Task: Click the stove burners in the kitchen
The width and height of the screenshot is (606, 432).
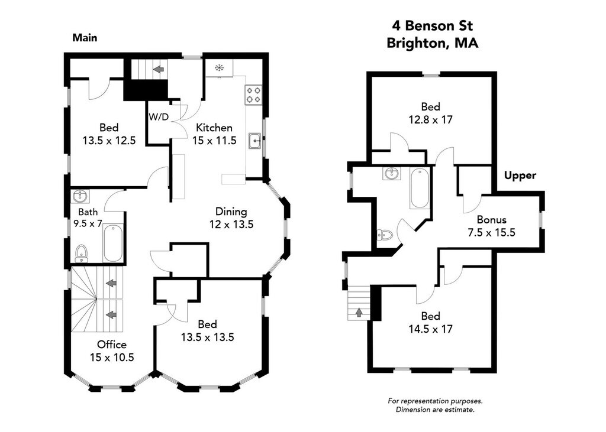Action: click(x=253, y=95)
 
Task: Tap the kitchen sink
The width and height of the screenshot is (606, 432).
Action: click(x=255, y=141)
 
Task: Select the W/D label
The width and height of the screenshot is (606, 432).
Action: click(x=159, y=116)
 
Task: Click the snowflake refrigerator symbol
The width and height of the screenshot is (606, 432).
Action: click(x=219, y=69)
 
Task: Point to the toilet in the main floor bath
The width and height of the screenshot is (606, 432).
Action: click(x=80, y=252)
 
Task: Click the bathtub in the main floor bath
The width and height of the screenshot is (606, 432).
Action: click(x=113, y=243)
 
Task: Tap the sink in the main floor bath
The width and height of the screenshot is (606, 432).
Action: click(x=80, y=196)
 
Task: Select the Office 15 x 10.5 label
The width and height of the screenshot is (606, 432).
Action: click(x=112, y=351)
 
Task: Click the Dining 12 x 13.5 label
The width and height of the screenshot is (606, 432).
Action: click(x=231, y=217)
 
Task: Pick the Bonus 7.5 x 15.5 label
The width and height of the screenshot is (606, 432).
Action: click(x=492, y=226)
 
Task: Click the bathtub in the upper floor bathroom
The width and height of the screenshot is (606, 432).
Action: click(x=420, y=188)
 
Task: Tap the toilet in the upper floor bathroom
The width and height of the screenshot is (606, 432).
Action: click(x=385, y=235)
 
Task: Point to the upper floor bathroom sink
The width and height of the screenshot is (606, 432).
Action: click(x=392, y=174)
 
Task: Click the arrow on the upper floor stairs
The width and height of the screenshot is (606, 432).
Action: click(x=359, y=311)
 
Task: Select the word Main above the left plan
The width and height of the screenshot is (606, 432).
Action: click(x=85, y=38)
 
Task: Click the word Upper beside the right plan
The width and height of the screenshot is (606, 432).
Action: click(x=520, y=176)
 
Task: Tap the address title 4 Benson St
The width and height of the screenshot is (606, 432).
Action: click(x=433, y=26)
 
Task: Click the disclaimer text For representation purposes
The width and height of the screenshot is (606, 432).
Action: click(x=435, y=401)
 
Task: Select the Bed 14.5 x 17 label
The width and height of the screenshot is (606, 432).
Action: click(x=431, y=323)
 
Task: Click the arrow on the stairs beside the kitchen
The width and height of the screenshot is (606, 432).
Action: click(x=159, y=69)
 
